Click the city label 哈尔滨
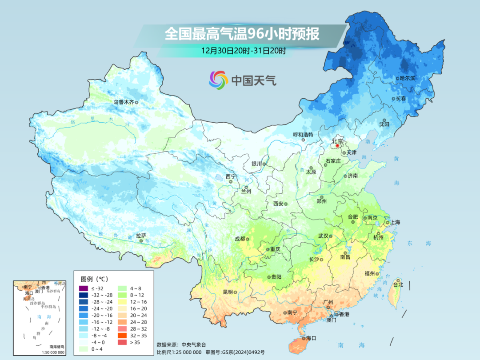point(407,78)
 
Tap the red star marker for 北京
point(338,146)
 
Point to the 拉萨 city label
point(141,236)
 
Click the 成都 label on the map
point(240,239)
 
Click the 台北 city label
point(398,284)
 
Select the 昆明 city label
point(228,292)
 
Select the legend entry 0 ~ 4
point(96,348)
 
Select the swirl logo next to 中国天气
point(218,80)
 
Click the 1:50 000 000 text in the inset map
point(51,352)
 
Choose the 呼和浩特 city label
point(303,134)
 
